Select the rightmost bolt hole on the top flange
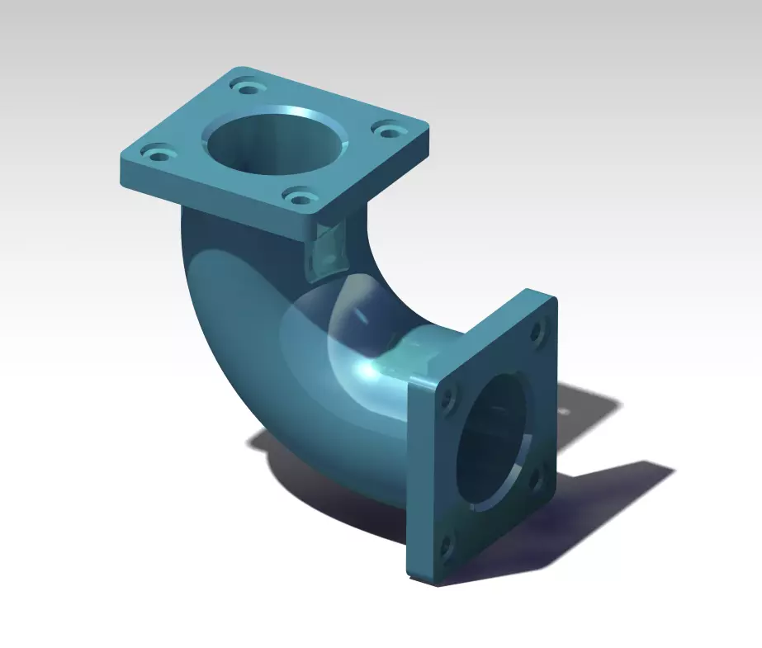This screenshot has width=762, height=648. click(386, 128)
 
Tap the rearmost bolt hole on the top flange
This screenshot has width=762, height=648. click(247, 87)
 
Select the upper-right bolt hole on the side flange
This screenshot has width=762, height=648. click(537, 333)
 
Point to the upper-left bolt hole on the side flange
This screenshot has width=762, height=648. click(448, 399)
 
